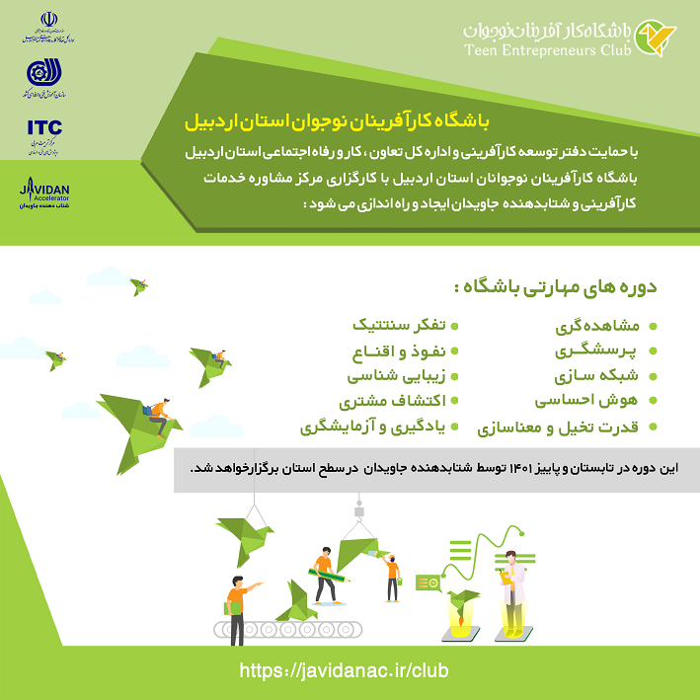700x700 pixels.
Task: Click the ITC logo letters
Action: tap(42, 126)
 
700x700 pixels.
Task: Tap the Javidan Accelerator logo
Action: tap(44, 194)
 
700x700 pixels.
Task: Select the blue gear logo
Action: tap(44, 73)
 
